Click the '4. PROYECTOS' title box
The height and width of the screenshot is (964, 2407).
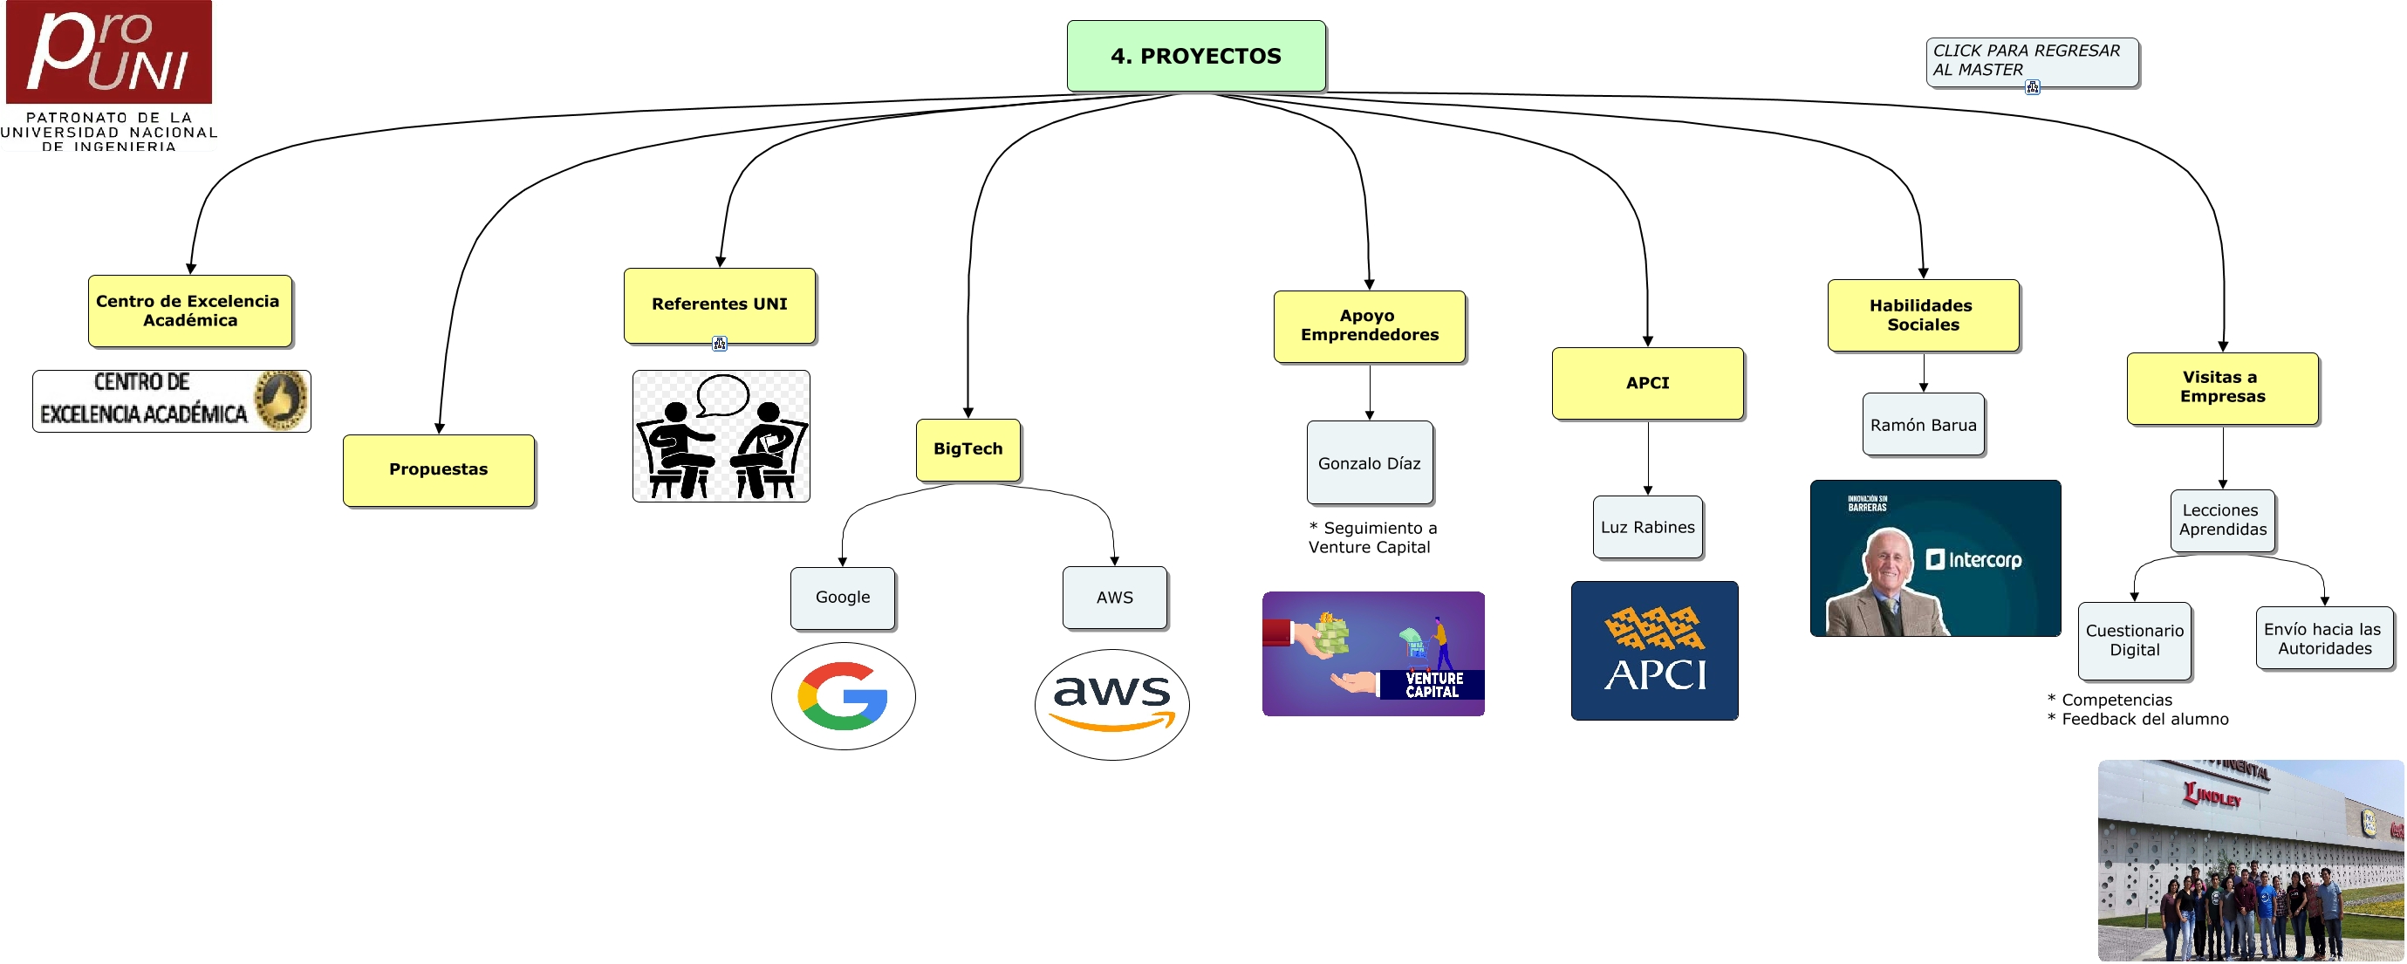(x=1196, y=56)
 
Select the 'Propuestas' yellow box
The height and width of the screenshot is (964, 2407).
(x=438, y=470)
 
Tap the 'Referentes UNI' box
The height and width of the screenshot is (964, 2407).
(x=720, y=304)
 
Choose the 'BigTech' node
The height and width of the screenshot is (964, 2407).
(x=968, y=449)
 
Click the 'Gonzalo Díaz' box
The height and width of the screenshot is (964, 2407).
(x=1369, y=463)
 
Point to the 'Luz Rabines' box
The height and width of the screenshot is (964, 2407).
(x=1647, y=528)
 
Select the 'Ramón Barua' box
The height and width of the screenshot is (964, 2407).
(x=1923, y=425)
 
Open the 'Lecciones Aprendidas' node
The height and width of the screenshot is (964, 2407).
(x=2222, y=520)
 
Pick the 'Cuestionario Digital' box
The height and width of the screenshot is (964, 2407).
(x=2134, y=641)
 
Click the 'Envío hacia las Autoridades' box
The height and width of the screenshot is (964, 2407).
(x=2324, y=639)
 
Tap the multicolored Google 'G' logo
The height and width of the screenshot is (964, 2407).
(x=843, y=696)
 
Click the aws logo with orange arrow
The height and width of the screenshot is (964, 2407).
(x=1112, y=703)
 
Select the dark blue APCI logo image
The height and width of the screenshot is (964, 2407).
(x=1654, y=650)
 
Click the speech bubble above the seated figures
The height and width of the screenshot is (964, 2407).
(x=723, y=393)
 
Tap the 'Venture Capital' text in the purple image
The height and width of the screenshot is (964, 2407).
(x=1433, y=685)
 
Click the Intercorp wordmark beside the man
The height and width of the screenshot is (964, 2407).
(x=1974, y=559)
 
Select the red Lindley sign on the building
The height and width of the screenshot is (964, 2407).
(x=2212, y=796)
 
